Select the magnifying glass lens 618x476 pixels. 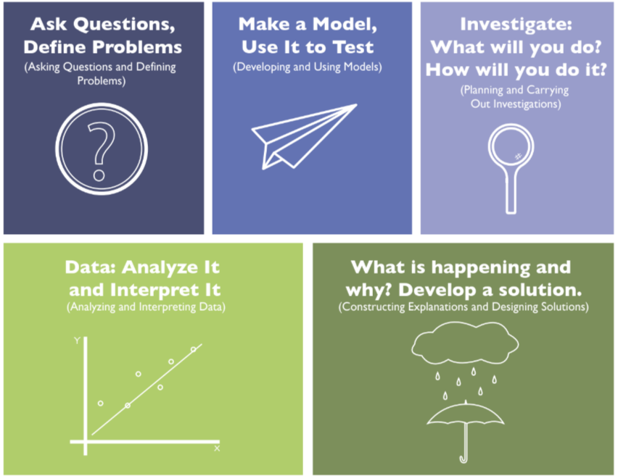pos(511,146)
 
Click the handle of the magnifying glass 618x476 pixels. pos(511,192)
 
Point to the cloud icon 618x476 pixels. pos(465,343)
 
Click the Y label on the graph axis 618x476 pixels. pos(77,341)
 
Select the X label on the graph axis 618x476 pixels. pos(217,448)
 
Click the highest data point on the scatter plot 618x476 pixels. pos(193,349)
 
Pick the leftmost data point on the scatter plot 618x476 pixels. pos(101,403)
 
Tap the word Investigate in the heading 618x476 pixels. pos(516,25)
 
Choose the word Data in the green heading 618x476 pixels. pos(90,267)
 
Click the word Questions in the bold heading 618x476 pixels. pos(124,25)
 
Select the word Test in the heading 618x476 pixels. pos(353,47)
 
